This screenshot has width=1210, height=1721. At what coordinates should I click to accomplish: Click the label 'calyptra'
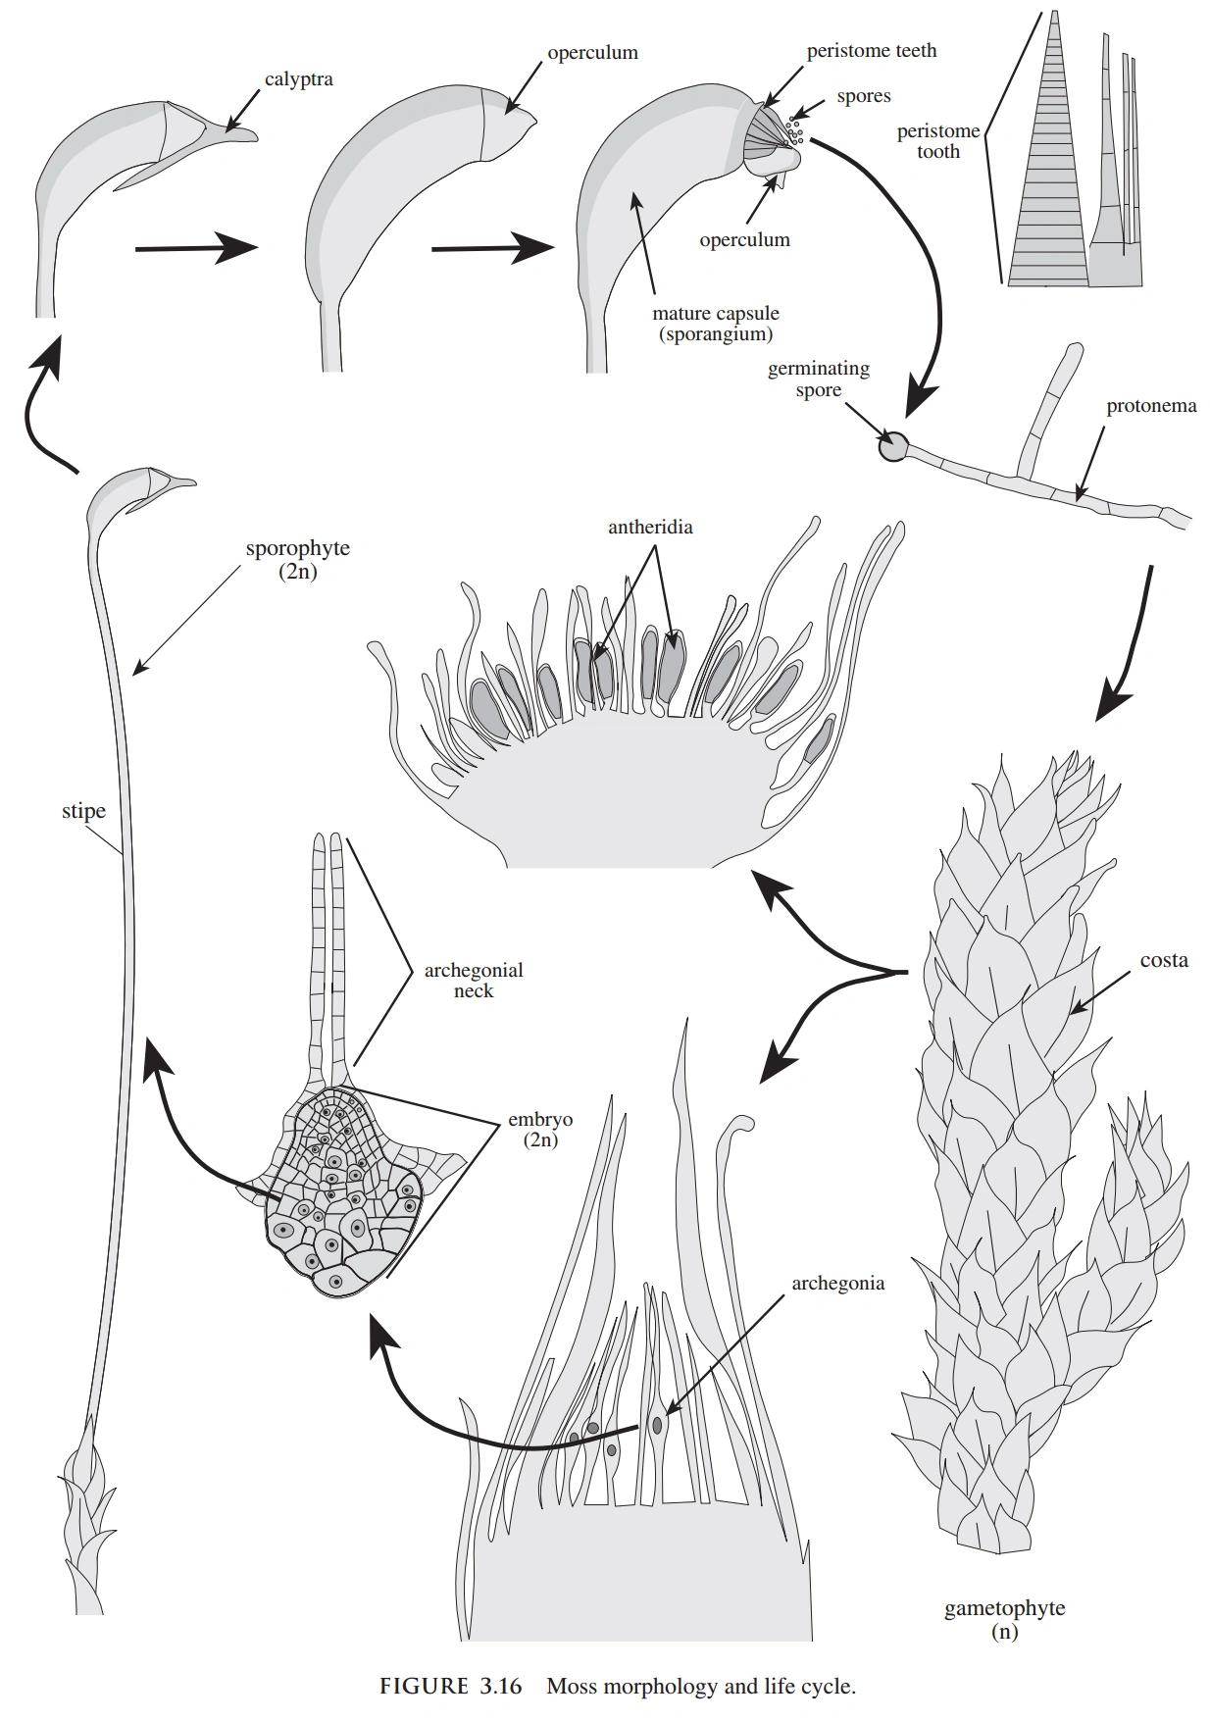coord(298,79)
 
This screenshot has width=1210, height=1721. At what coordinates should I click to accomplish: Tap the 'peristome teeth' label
coord(871,51)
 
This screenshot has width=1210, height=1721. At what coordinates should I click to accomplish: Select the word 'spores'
coord(863,96)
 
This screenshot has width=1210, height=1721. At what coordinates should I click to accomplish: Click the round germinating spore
coord(892,447)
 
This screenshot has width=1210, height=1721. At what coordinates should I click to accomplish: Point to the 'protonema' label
coord(1150,406)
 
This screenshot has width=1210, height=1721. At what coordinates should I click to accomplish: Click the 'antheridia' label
coord(649,528)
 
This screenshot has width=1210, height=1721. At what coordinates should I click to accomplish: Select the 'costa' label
coord(1164,961)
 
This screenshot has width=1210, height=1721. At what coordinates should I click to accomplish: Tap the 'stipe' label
coord(83,811)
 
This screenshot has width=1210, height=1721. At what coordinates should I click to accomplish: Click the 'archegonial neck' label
coord(473,981)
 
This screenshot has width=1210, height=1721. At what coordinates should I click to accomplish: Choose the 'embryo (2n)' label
coord(539,1130)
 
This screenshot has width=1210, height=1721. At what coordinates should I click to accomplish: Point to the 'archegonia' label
coord(837,1283)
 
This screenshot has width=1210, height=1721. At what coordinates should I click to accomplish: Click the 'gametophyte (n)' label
coord(1004,1620)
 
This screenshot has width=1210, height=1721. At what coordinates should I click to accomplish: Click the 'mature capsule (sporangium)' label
coord(716,324)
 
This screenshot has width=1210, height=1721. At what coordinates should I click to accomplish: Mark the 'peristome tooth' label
coord(937,141)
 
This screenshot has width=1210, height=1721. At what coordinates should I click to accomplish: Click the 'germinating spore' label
coord(818,380)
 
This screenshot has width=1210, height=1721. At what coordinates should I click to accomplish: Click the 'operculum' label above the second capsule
coord(592,53)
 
